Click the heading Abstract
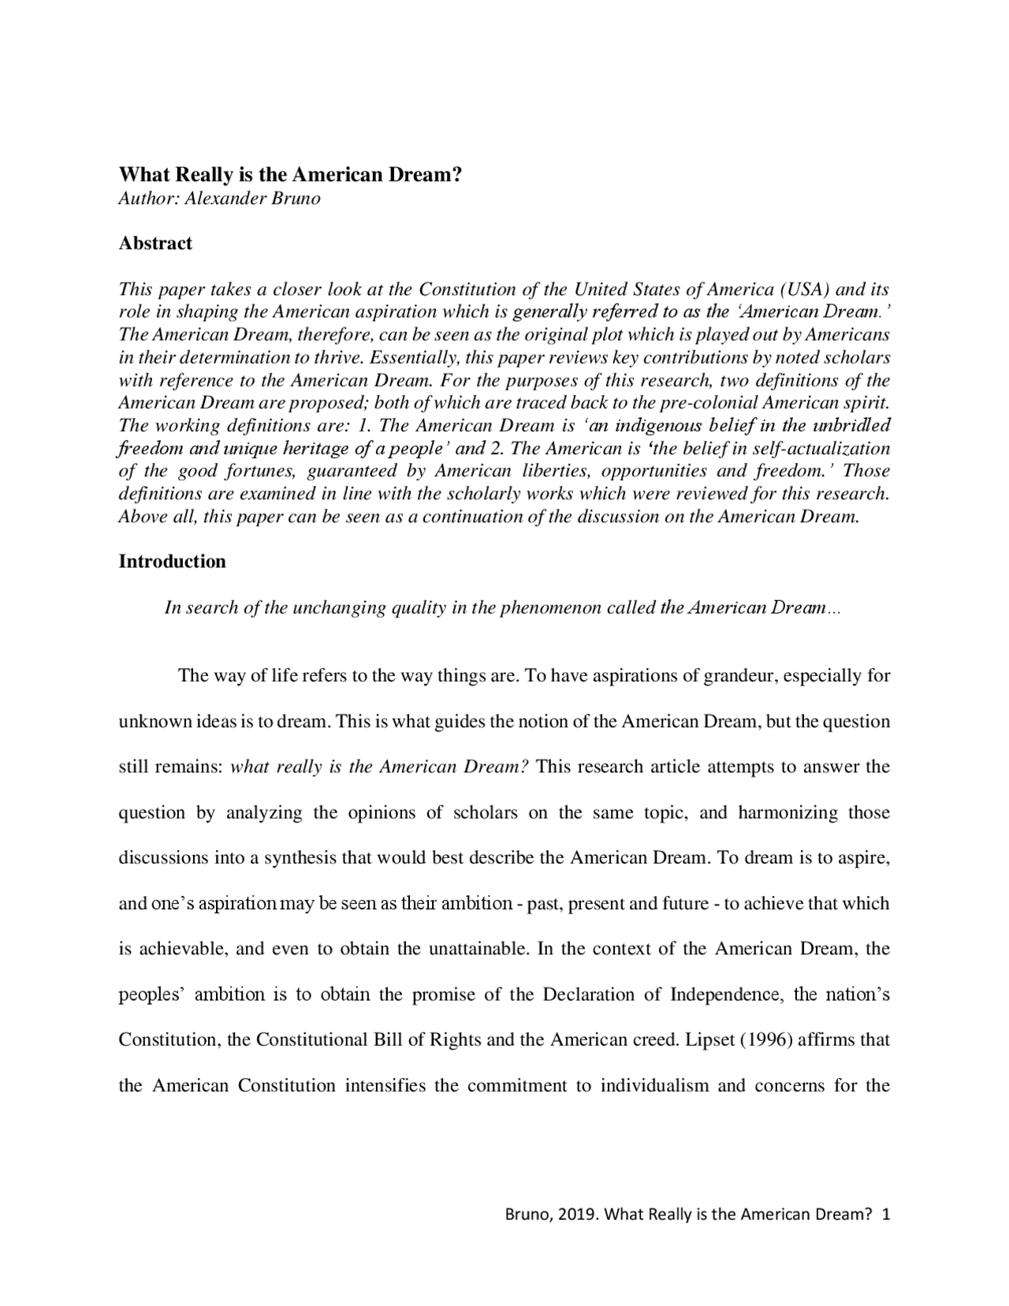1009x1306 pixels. [155, 243]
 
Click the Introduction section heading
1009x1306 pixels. [172, 562]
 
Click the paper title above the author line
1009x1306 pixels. [289, 174]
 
